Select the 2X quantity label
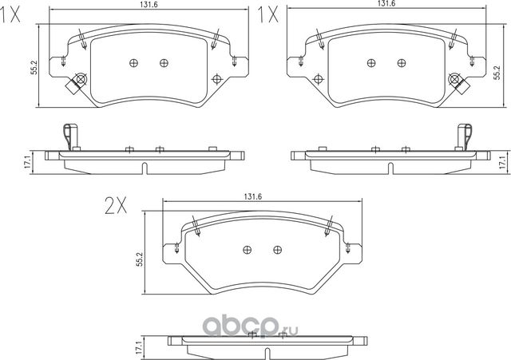tap(117, 206)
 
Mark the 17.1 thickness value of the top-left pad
tap(28, 162)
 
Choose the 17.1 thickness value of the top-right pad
tap(501, 162)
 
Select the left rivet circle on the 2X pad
tap(247, 249)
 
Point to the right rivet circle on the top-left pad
tap(164, 63)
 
